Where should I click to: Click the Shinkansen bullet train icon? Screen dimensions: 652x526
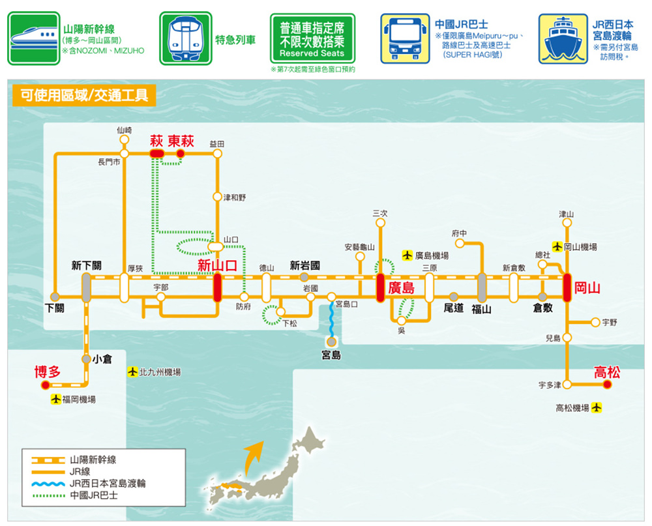coord(34,38)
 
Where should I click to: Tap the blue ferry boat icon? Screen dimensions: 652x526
coord(563,38)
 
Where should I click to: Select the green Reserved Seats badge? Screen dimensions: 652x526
coord(312,38)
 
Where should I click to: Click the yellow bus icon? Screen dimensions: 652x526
coord(405,38)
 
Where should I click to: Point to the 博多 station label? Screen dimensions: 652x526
coord(48,372)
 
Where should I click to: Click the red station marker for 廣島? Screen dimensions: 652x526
coord(380,287)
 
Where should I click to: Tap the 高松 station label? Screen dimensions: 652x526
coord(606,372)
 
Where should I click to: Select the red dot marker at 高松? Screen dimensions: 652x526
coord(607,385)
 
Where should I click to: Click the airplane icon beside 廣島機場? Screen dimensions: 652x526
coord(407,255)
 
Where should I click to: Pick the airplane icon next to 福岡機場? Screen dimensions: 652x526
coord(55,399)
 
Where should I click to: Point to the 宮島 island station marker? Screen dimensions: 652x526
coord(331,342)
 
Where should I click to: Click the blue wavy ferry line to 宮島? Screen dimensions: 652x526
coord(331,319)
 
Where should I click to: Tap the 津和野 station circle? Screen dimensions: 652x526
coord(217,197)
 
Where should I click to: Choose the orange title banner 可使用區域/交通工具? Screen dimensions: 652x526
coord(84,95)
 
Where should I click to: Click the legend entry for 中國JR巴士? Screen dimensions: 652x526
coord(74,495)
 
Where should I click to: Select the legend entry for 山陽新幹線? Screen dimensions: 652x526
coord(74,460)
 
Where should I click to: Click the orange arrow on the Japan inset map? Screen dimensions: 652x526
coord(254,458)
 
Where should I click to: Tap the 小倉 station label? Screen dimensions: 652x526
coord(102,359)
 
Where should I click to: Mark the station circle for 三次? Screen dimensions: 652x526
coord(380,223)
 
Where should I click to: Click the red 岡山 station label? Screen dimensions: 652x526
coord(587,287)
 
